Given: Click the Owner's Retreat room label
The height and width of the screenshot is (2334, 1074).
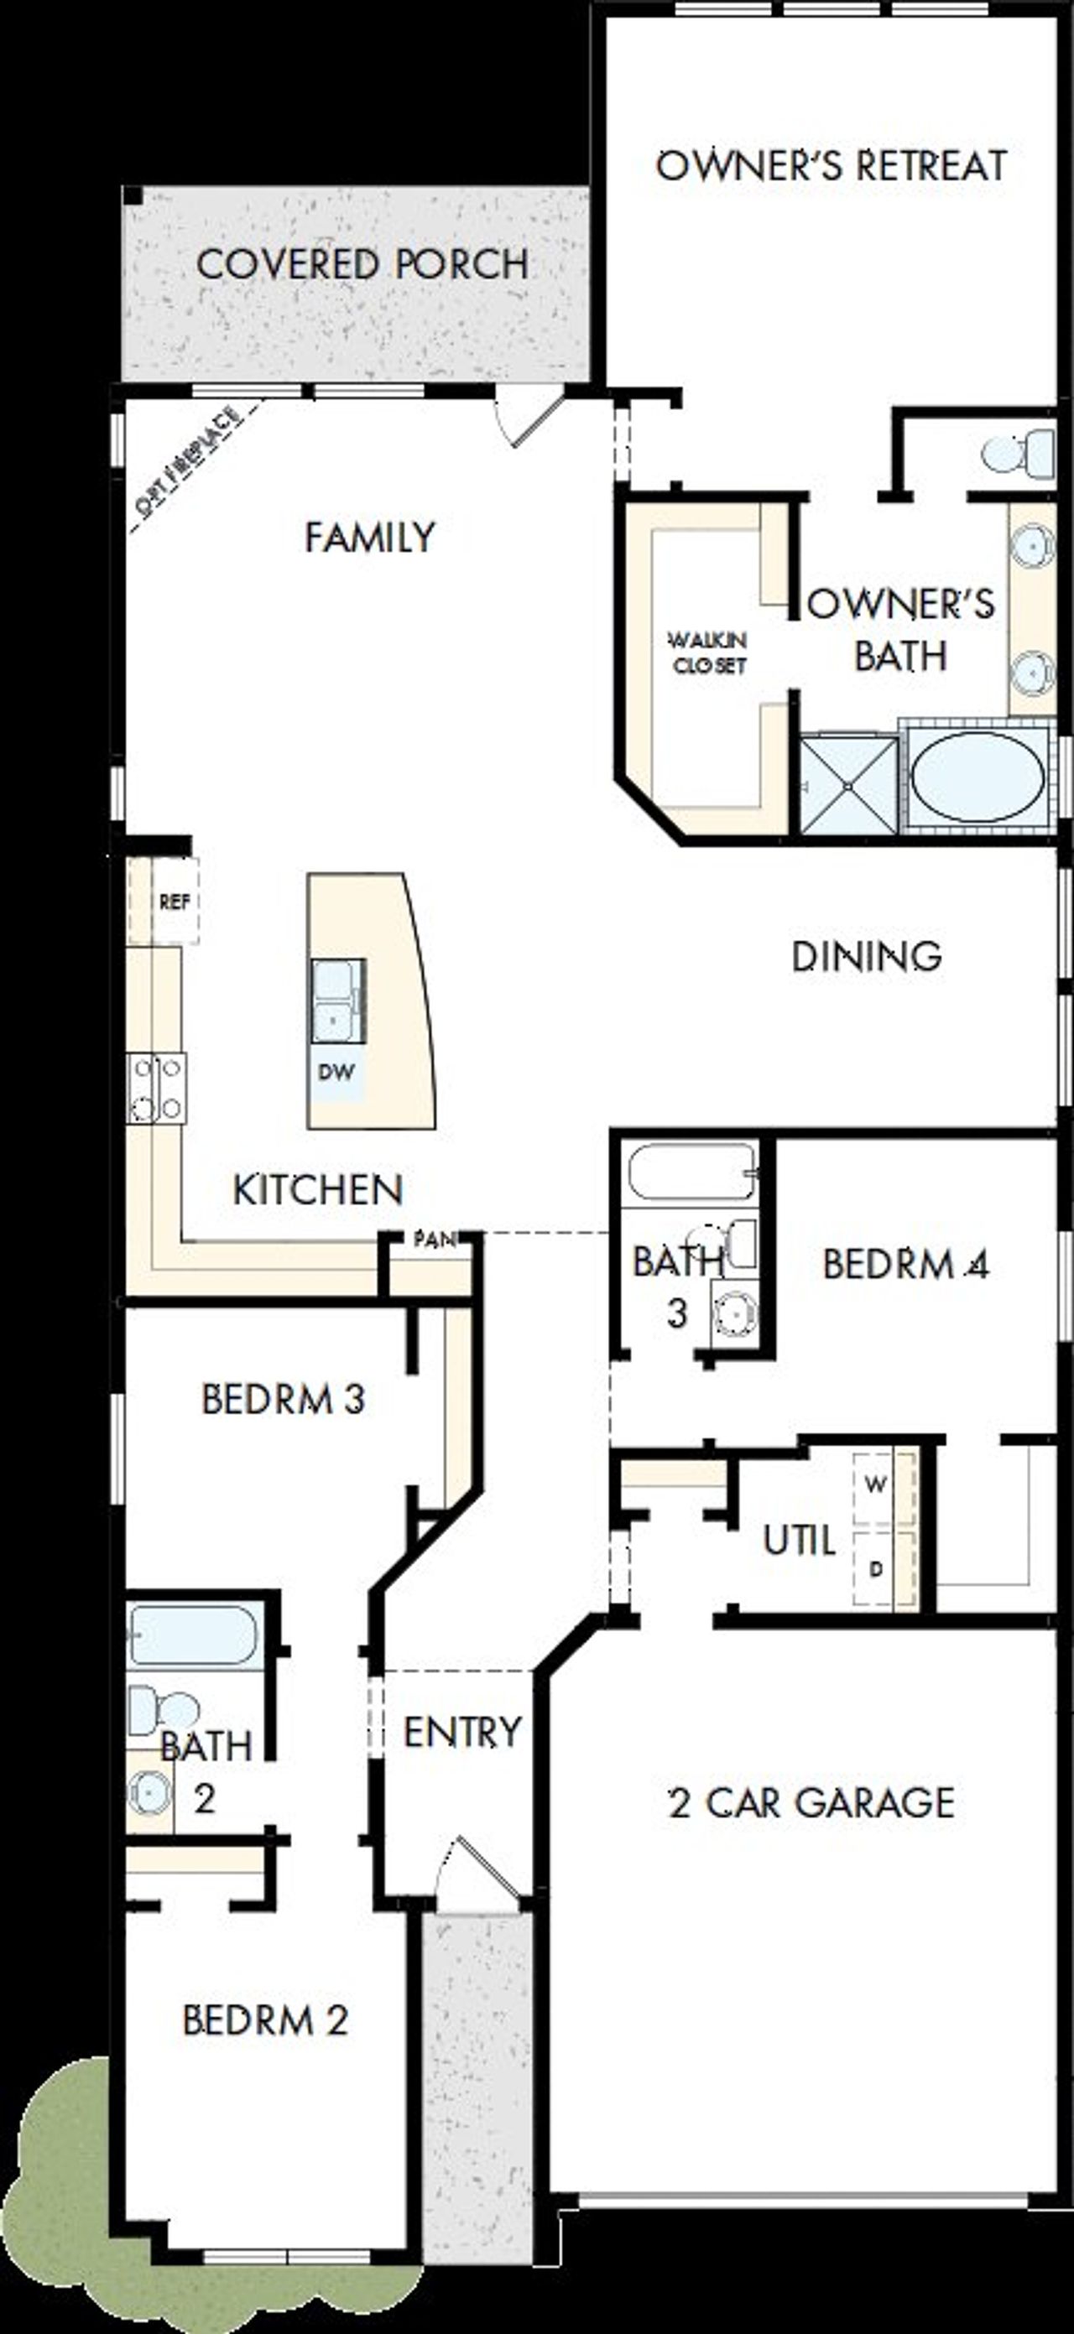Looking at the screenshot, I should (832, 166).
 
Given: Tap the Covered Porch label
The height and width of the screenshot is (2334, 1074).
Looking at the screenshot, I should (362, 264).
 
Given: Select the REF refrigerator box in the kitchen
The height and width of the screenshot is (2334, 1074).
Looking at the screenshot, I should (174, 902).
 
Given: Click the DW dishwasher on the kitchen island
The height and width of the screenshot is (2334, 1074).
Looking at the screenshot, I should (336, 1072).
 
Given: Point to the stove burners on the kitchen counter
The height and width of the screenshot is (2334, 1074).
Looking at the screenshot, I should (157, 1087).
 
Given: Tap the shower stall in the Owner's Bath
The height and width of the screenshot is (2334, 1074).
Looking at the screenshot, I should (848, 784).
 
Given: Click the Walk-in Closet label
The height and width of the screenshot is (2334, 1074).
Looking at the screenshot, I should (708, 652).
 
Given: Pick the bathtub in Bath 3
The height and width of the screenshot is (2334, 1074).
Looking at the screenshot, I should (691, 1174).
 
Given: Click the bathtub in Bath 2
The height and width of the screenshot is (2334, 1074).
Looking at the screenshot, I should (192, 1635).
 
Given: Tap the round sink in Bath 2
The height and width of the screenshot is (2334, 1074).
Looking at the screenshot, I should (148, 1792).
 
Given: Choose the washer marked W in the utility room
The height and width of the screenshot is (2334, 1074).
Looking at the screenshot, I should (874, 1484).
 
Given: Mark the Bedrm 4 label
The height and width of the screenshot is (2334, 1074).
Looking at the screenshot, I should (905, 1264).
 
